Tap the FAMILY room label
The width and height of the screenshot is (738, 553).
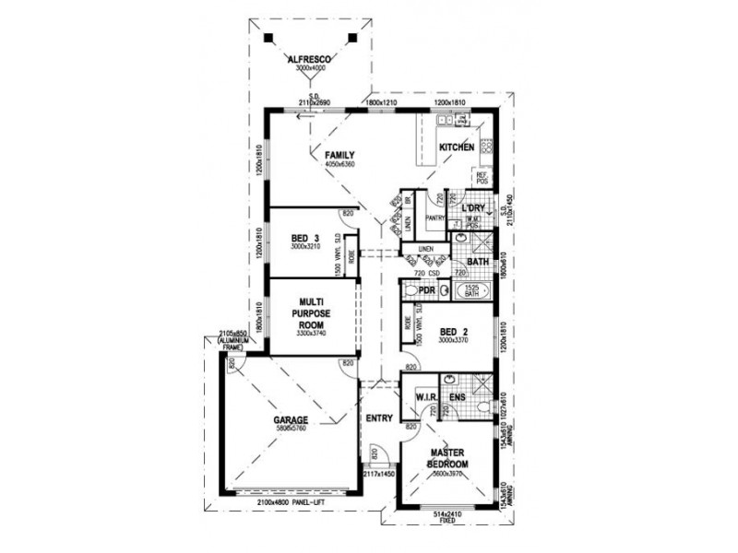coord(339,155)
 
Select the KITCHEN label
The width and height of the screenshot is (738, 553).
coord(456,147)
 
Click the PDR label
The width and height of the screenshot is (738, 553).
coord(426,291)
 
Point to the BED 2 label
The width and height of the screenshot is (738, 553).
coord(450,330)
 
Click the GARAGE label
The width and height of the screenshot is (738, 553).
coord(290,421)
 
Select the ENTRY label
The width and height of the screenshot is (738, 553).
coord(378,418)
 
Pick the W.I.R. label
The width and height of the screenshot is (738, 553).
coord(425,398)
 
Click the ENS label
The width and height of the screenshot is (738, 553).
coord(458,398)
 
